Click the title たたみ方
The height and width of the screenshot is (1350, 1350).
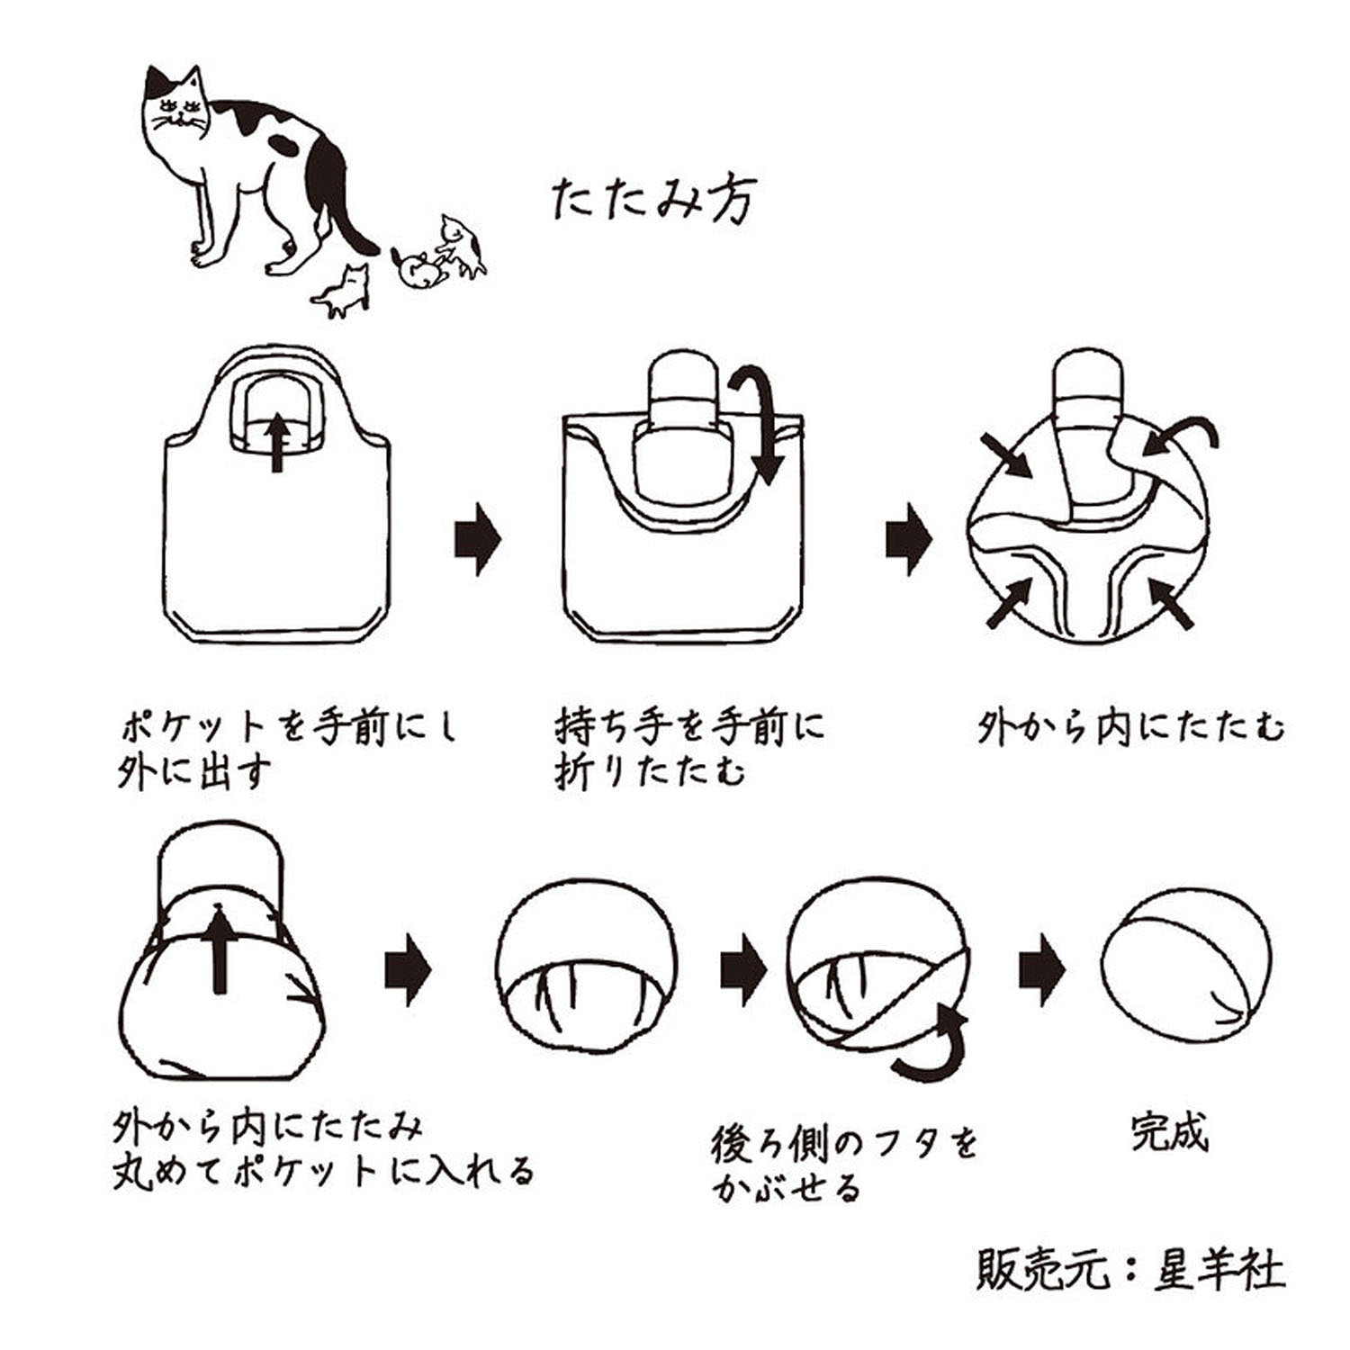653,199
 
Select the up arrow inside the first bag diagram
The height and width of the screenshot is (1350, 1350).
277,441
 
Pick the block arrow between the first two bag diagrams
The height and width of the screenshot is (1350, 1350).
477,539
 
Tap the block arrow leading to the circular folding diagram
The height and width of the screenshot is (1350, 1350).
909,539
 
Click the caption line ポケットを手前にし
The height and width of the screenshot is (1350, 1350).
289,725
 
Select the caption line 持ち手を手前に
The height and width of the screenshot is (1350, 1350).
689,725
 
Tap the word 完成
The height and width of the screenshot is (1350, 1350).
1169,1133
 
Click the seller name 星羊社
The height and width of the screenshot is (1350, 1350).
1219,1270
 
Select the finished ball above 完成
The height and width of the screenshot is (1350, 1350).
1187,972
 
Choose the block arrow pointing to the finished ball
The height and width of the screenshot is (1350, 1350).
1041,970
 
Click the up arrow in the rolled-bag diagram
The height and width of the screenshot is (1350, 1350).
218,949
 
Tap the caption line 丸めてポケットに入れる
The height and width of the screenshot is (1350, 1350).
323,1171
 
